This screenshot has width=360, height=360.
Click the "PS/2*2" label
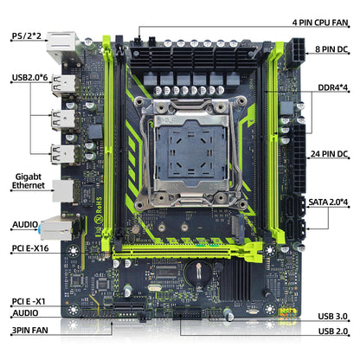point(27,36)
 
